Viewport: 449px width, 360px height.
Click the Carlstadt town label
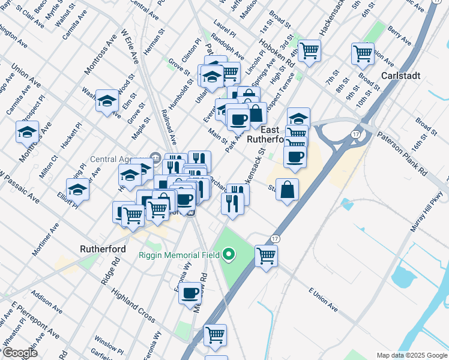pos(401,76)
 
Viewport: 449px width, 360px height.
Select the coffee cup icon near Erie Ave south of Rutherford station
pos(191,293)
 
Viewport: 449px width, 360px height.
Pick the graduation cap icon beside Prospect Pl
pos(27,131)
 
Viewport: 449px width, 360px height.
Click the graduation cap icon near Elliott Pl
pos(77,190)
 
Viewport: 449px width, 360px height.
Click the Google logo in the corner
pos(19,353)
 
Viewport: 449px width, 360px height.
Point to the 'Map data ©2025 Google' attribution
pos(411,355)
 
